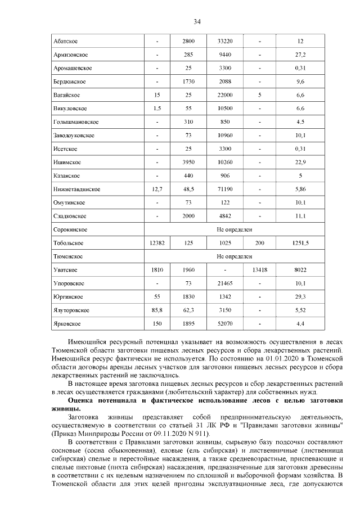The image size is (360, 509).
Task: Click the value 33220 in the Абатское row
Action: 226,42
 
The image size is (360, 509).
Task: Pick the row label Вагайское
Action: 66,95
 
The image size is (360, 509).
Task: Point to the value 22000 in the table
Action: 226,95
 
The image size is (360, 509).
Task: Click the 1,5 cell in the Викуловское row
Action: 157,109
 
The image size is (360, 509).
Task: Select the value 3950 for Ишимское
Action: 192,163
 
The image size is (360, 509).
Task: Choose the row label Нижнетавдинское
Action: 76,190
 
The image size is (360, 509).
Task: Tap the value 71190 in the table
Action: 226,190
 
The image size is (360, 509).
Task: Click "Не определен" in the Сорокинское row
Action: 235,229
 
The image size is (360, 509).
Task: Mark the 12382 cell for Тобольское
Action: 157,243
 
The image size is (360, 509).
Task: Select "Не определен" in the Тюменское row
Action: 235,256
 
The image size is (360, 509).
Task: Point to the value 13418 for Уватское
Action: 260,270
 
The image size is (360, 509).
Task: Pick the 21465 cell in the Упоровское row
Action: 226,283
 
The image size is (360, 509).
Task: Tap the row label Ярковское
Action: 67,324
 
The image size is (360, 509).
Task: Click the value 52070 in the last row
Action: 226,324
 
